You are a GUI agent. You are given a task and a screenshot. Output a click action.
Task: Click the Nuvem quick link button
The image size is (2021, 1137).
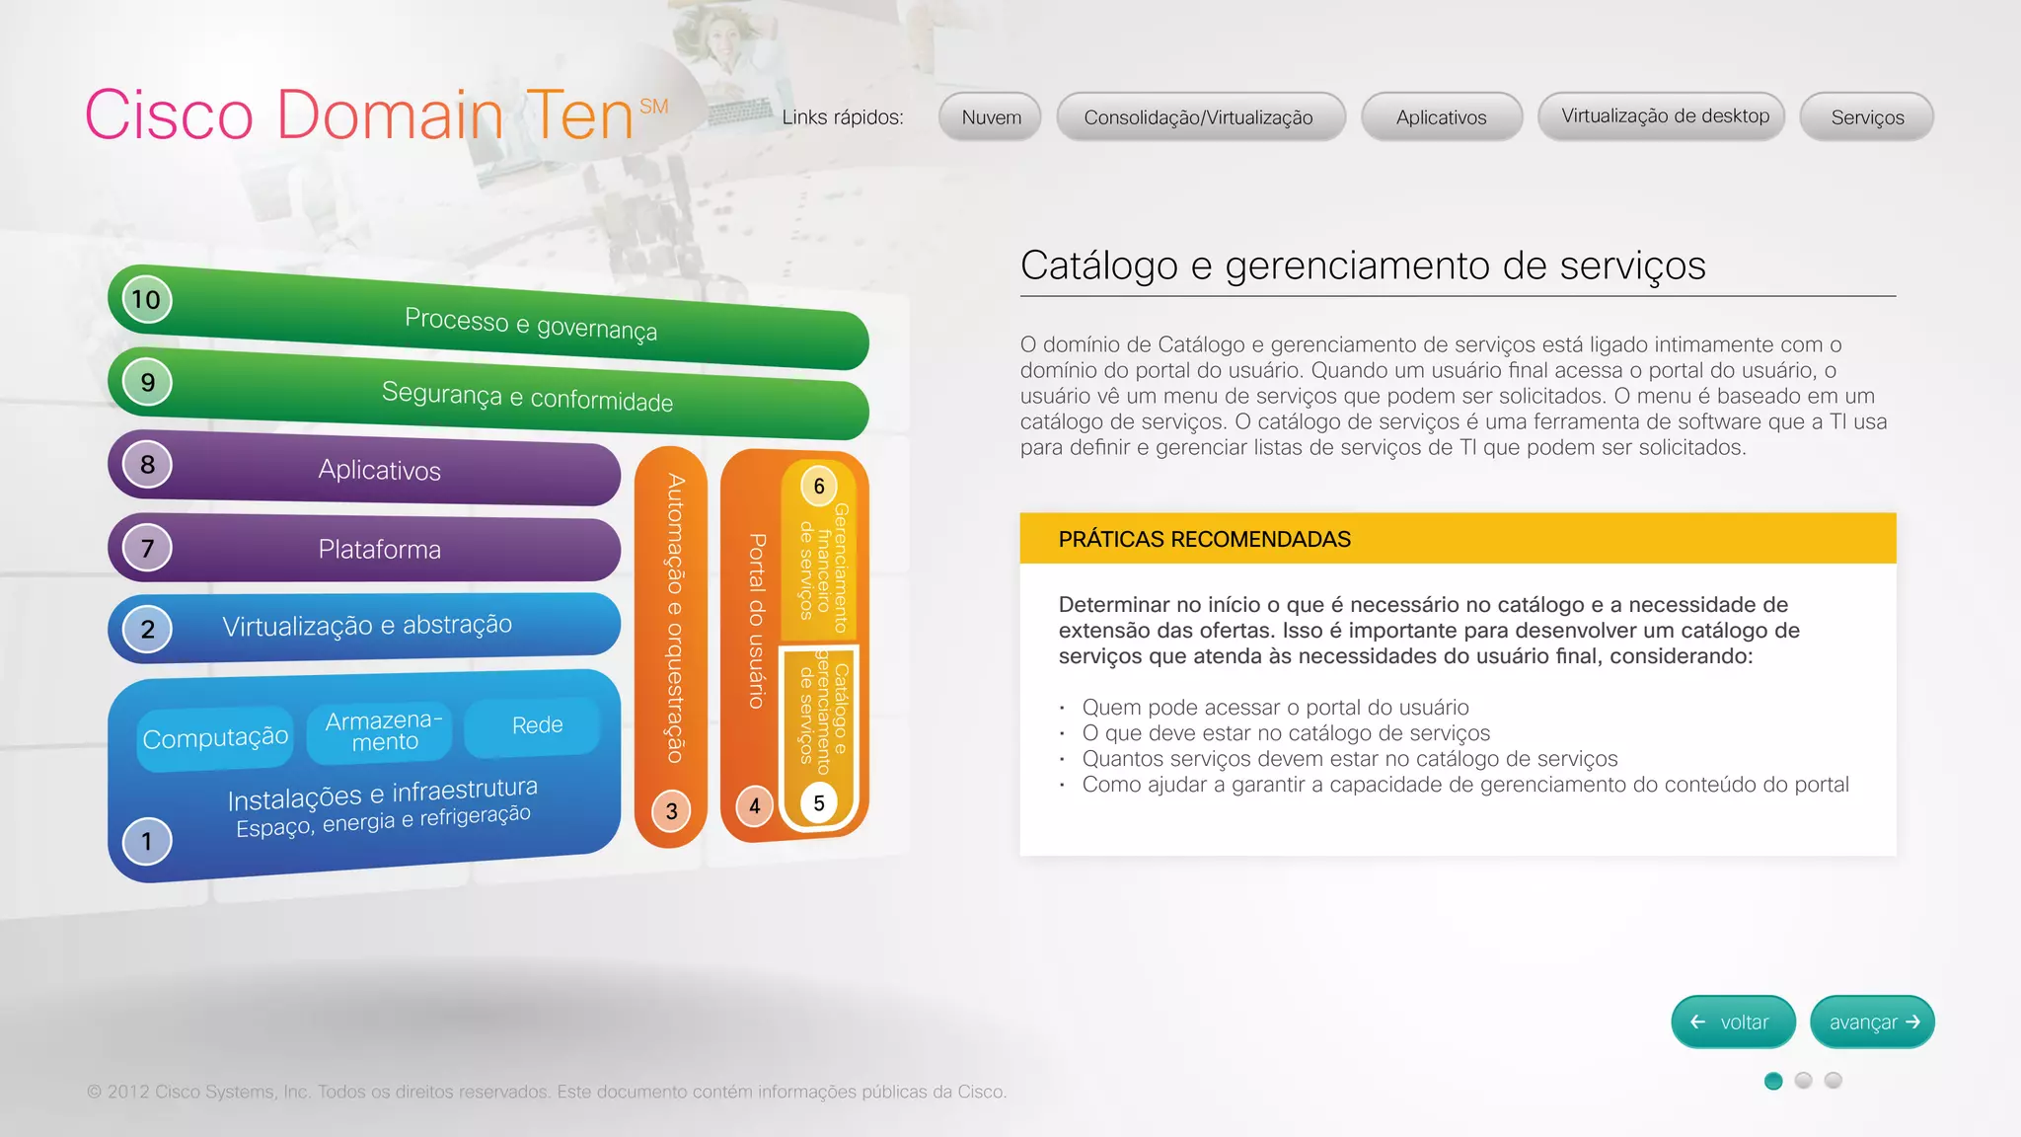(x=991, y=117)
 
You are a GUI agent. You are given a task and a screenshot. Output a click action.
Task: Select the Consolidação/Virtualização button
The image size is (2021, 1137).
(x=1200, y=117)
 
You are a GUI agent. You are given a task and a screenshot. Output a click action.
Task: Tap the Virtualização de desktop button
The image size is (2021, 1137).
(x=1664, y=116)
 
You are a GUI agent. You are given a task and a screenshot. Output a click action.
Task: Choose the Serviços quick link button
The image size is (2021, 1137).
(x=1867, y=117)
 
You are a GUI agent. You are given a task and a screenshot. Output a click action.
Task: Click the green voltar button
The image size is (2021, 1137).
(x=1732, y=1023)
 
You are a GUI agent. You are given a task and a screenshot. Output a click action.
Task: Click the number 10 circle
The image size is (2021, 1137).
(x=146, y=299)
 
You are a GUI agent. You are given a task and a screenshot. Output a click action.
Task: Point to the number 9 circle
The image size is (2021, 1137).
(x=147, y=382)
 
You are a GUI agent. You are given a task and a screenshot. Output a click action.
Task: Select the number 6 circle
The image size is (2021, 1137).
(x=818, y=486)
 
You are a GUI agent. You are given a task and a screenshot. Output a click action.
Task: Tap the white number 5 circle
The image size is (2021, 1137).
(x=818, y=803)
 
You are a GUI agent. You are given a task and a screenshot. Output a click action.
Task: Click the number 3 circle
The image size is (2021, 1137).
(x=671, y=811)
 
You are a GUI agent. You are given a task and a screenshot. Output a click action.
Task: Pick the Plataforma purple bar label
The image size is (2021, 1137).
(x=379, y=549)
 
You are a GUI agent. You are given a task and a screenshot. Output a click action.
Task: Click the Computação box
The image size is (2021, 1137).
(x=215, y=737)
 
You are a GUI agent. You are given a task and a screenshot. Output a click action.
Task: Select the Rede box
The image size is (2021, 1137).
(x=537, y=725)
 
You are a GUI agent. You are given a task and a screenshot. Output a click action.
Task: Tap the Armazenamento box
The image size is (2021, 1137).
(x=384, y=731)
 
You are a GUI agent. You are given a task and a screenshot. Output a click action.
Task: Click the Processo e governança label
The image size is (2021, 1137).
(x=531, y=323)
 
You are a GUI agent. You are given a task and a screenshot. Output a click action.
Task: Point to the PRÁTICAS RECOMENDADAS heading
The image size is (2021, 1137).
(x=1204, y=539)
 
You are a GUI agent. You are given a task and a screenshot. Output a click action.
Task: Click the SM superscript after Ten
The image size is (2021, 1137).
(x=653, y=106)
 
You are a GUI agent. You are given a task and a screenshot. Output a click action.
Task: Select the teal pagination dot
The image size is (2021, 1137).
(x=1773, y=1081)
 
